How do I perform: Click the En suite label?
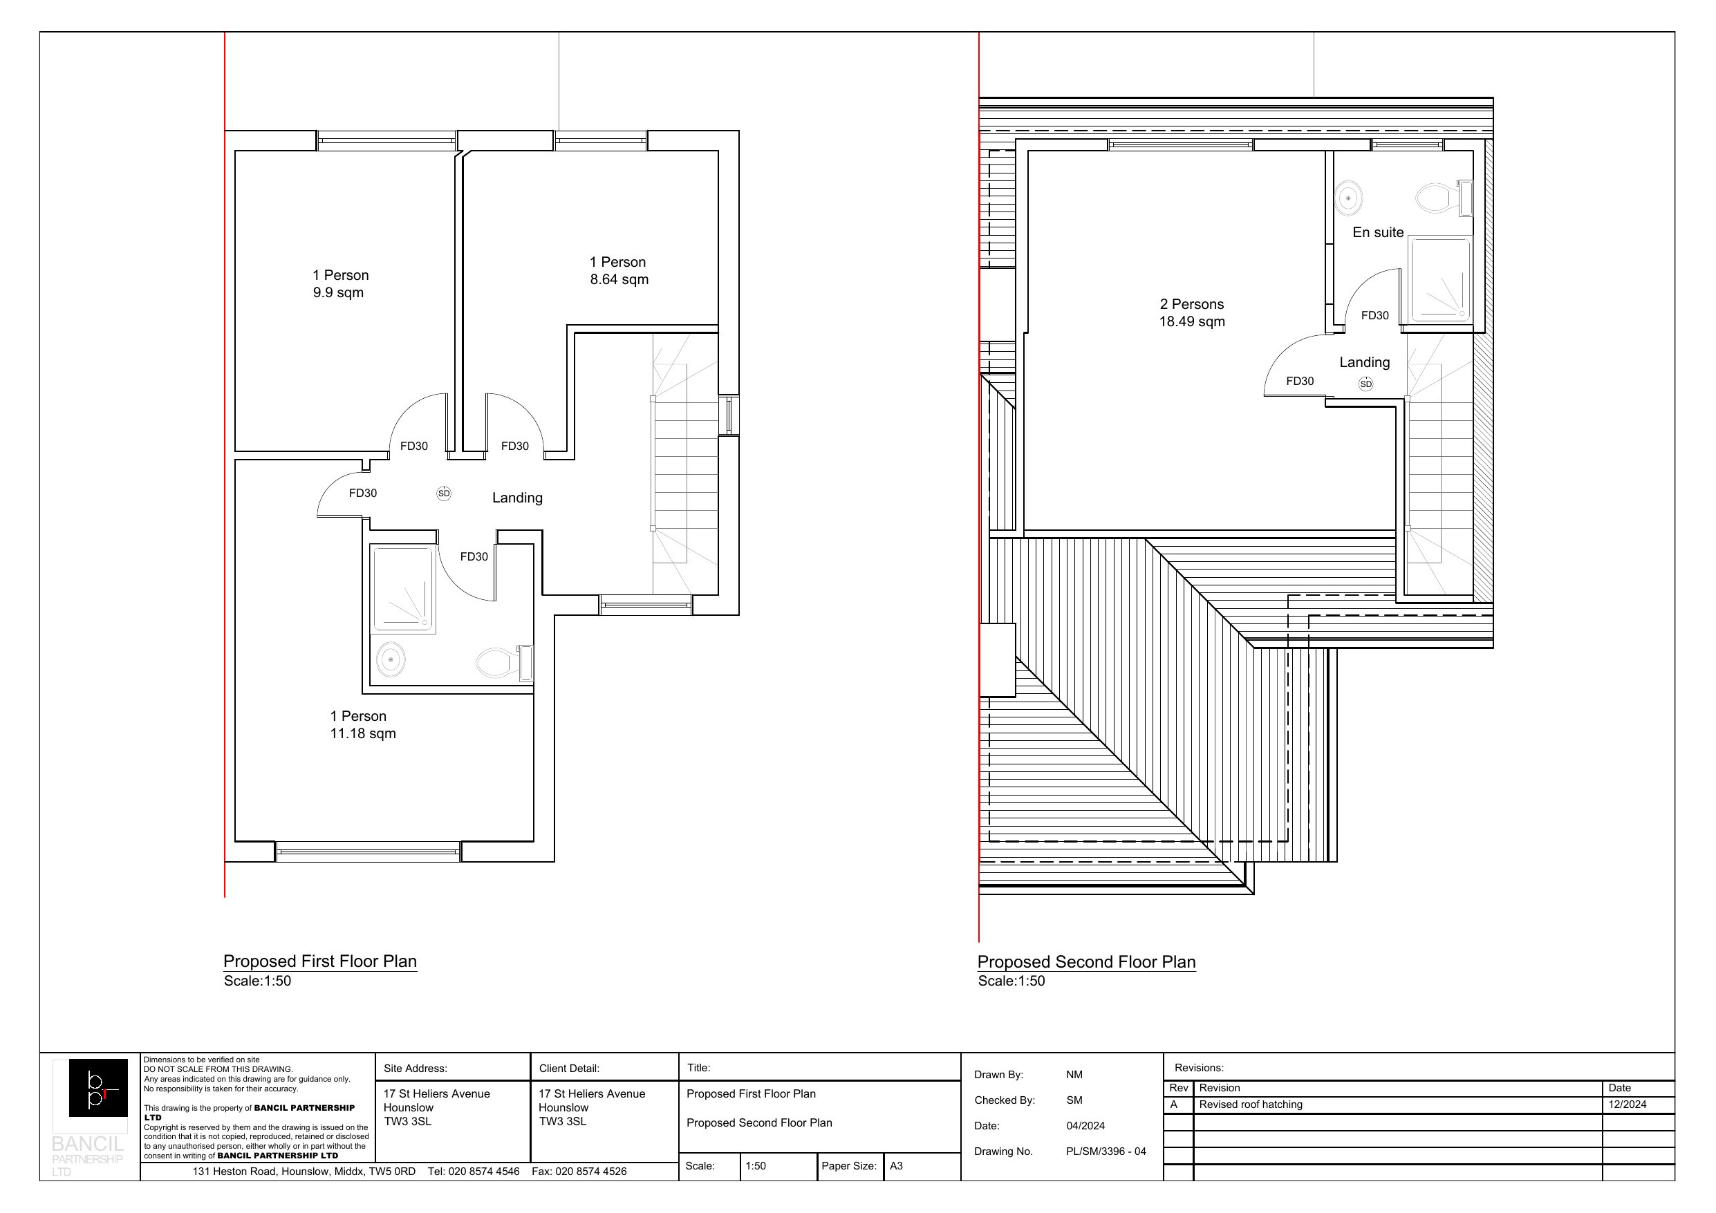click(x=1377, y=232)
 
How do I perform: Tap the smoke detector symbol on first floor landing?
click(x=444, y=493)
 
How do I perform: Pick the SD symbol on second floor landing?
click(x=1365, y=384)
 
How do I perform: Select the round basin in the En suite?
click(x=1348, y=198)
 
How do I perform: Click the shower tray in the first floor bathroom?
click(x=403, y=589)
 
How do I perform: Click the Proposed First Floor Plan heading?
click(x=320, y=961)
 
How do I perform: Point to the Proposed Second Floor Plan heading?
click(x=1086, y=962)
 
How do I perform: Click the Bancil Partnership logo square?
click(x=98, y=1087)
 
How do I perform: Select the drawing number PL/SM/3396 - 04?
click(x=1106, y=1151)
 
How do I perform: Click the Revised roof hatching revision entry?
click(x=1251, y=1104)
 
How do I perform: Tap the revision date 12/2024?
click(x=1627, y=1104)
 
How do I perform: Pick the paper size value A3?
click(x=896, y=1166)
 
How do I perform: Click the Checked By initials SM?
click(x=1074, y=1100)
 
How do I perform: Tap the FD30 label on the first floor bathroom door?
click(x=474, y=557)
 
